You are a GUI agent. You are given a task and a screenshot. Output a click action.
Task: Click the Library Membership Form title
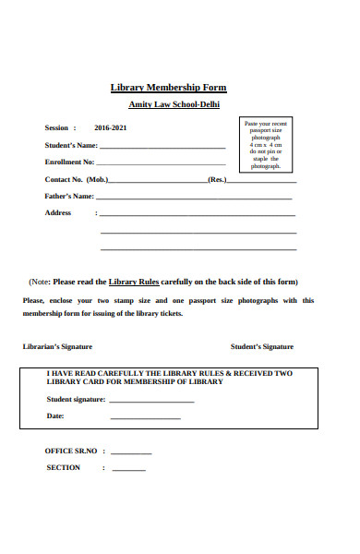[168, 88]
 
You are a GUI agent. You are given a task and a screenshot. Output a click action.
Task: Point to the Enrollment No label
[69, 163]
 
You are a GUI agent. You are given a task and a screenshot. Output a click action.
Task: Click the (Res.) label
[217, 179]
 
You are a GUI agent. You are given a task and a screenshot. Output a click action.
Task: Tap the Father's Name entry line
[194, 199]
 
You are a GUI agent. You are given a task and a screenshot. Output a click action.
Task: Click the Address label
[58, 213]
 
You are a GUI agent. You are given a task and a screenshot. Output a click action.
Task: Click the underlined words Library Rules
[135, 282]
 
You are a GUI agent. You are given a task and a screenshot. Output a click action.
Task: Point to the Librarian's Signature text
[57, 347]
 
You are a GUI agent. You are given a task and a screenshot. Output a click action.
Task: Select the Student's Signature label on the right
[262, 347]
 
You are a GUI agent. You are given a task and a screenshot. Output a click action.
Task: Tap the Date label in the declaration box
[55, 416]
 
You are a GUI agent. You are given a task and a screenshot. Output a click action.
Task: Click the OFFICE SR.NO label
[70, 451]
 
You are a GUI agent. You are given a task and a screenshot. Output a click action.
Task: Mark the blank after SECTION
[129, 471]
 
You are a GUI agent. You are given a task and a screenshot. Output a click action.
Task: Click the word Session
[56, 128]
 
